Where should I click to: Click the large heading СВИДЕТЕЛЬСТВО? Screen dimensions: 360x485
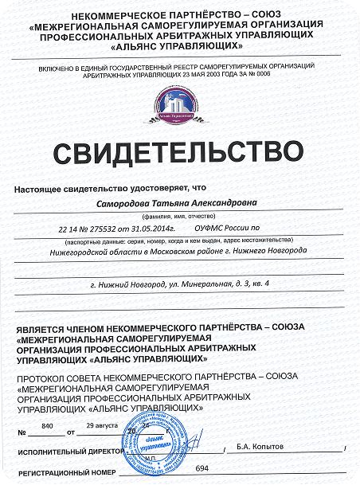tap(179, 151)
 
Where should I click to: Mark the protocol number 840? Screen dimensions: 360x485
tap(46, 427)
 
